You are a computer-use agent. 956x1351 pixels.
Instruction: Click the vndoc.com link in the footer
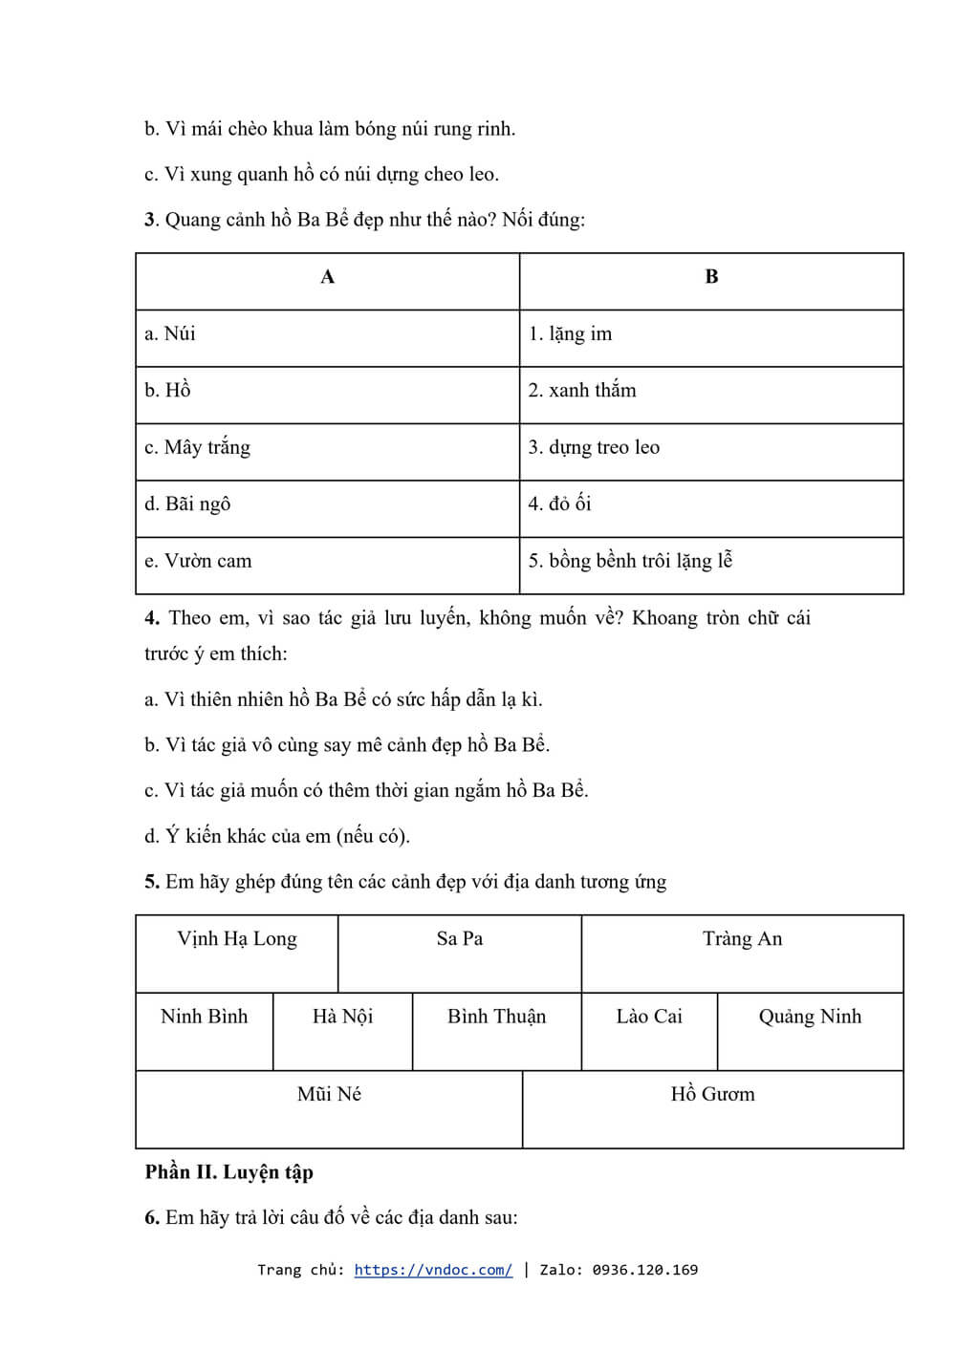pyautogui.click(x=432, y=1270)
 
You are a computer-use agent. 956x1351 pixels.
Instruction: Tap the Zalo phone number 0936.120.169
pyautogui.click(x=644, y=1270)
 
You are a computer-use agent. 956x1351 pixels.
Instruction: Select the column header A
pyautogui.click(x=328, y=278)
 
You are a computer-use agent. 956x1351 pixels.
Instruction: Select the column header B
pyautogui.click(x=711, y=278)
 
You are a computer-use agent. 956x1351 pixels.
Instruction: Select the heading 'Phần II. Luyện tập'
pyautogui.click(x=229, y=1172)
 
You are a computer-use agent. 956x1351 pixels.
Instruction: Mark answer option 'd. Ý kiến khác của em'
pyautogui.click(x=277, y=836)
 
